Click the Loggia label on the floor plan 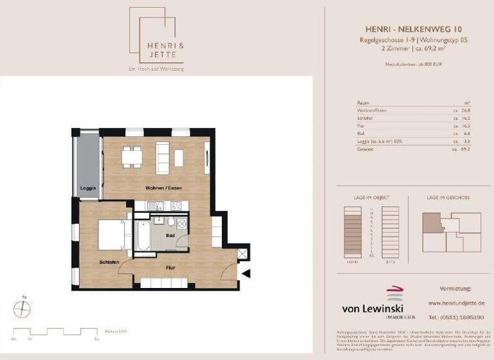pos(87,188)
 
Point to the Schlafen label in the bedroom pos(108,262)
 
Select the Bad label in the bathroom pos(170,235)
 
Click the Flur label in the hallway pos(170,267)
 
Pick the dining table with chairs pos(132,156)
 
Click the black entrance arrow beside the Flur pos(246,274)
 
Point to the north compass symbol pos(22,309)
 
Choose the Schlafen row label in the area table pos(365,118)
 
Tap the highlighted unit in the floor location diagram pos(432,221)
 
